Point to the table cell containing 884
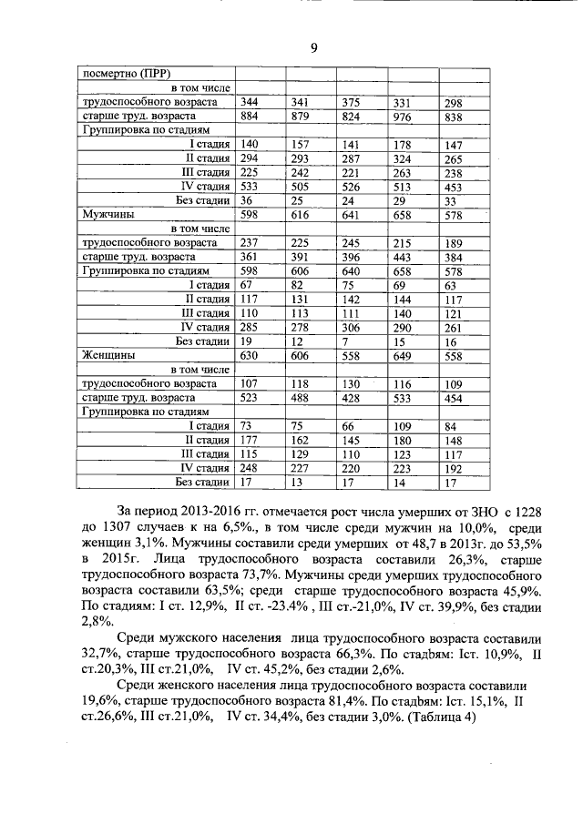[x=251, y=117]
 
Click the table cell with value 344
[x=251, y=103]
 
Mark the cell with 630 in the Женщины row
[x=251, y=356]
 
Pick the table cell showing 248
[x=251, y=468]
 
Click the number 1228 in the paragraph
[x=510, y=513]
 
